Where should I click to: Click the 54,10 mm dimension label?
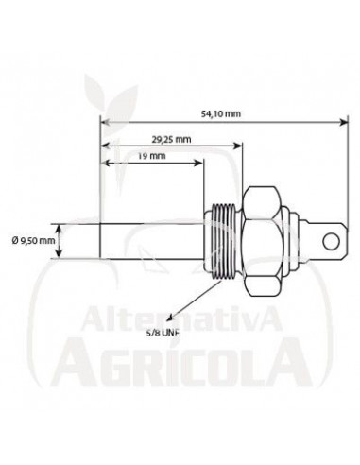pyautogui.click(x=221, y=113)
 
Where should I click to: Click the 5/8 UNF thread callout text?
pyautogui.click(x=163, y=333)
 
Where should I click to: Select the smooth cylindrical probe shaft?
pyautogui.click(x=151, y=240)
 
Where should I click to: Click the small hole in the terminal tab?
pyautogui.click(x=328, y=240)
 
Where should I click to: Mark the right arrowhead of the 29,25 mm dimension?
pyautogui.click(x=241, y=146)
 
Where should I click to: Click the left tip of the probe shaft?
pyautogui.click(x=100, y=240)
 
